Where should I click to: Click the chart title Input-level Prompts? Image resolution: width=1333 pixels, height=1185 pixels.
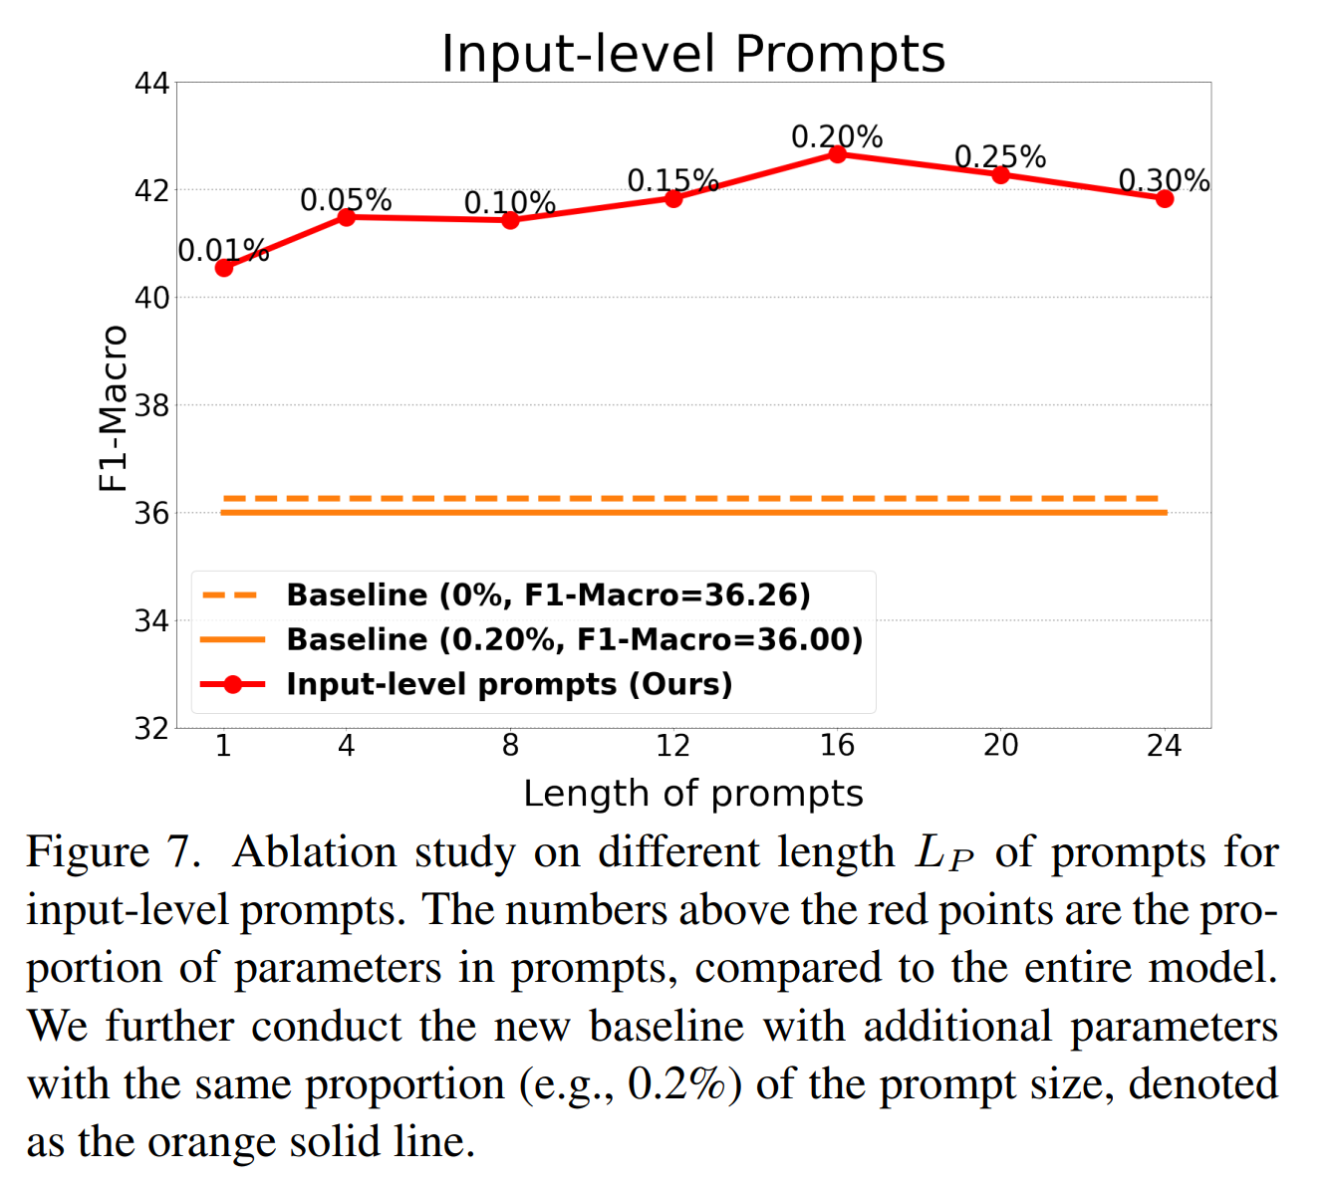point(692,54)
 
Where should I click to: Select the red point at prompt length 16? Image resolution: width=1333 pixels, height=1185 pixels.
point(837,154)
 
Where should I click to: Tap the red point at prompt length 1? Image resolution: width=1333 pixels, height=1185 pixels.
point(223,268)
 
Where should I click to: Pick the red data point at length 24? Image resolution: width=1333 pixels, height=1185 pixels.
point(1164,198)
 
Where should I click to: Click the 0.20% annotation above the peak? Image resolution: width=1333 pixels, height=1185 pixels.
point(837,136)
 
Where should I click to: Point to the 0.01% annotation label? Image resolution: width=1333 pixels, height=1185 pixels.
point(223,251)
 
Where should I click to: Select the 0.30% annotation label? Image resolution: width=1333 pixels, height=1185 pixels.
point(1164,180)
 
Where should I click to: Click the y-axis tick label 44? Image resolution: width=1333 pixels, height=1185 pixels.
point(151,83)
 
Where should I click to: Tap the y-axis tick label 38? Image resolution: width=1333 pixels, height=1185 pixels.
point(151,405)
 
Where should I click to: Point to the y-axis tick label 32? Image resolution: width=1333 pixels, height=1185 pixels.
point(151,728)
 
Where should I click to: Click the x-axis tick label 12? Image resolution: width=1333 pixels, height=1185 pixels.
point(673,746)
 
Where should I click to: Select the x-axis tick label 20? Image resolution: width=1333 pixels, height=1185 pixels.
point(1000,746)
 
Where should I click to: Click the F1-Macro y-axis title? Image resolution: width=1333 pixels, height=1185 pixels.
point(114,408)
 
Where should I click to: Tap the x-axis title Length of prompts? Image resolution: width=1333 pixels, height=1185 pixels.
point(692,794)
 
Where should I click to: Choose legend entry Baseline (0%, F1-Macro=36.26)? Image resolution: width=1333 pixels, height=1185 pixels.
point(548,595)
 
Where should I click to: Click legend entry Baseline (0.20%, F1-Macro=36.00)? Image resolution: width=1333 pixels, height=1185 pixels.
point(574,639)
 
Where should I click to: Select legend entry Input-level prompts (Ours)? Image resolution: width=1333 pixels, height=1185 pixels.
point(509,684)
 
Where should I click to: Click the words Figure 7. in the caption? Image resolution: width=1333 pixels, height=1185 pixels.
point(114,853)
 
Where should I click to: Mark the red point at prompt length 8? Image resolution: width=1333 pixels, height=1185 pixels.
point(510,219)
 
